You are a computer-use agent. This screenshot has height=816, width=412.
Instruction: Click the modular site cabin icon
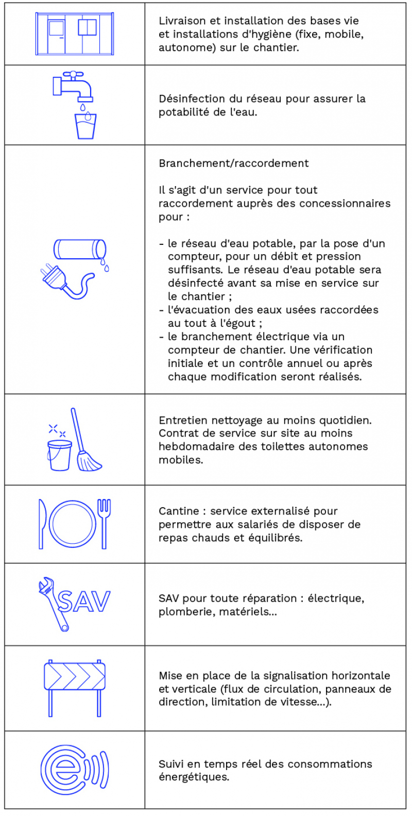(x=75, y=34)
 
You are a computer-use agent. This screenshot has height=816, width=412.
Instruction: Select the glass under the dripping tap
(x=85, y=126)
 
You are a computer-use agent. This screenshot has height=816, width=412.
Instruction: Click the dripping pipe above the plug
(x=80, y=249)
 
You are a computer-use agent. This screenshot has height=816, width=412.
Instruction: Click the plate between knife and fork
(x=73, y=524)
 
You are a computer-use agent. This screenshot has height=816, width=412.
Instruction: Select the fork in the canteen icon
(x=104, y=523)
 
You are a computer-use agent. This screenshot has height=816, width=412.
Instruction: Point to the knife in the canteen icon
(x=42, y=524)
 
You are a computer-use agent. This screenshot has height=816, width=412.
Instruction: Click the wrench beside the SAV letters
(x=54, y=603)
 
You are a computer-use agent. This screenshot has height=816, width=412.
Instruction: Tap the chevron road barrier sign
(x=75, y=677)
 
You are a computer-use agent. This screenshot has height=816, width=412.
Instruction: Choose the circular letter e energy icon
(x=64, y=770)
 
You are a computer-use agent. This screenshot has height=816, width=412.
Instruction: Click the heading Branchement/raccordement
(x=233, y=163)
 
